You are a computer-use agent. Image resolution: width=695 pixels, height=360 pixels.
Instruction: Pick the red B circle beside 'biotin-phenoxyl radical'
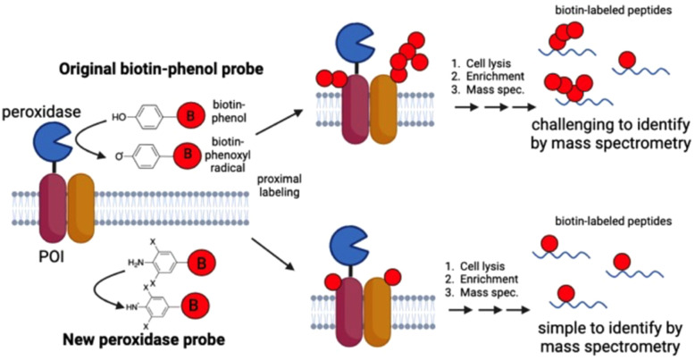pyautogui.click(x=187, y=156)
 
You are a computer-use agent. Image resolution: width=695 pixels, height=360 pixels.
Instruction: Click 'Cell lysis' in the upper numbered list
pyautogui.click(x=482, y=74)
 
